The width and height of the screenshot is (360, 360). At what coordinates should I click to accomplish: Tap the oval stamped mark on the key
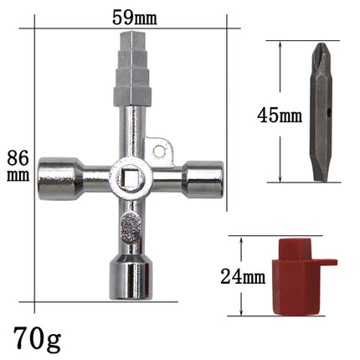[132, 221]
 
